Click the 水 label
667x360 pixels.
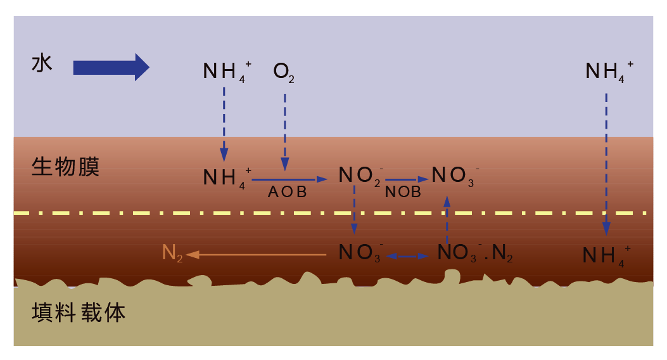pyautogui.click(x=42, y=64)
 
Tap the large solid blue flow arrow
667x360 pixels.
pyautogui.click(x=111, y=67)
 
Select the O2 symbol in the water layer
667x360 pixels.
pyautogui.click(x=284, y=72)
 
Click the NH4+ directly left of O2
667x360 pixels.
pyautogui.click(x=227, y=72)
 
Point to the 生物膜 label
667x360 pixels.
pyautogui.click(x=65, y=167)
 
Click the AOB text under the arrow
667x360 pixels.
pyautogui.click(x=287, y=192)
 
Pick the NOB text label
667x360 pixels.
pyautogui.click(x=403, y=192)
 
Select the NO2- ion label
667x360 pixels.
pyautogui.click(x=360, y=176)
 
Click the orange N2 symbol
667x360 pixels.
pyautogui.click(x=172, y=253)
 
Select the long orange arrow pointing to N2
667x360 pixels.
pyautogui.click(x=256, y=255)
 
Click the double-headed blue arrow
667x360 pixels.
pyautogui.click(x=407, y=256)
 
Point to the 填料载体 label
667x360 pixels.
pyautogui.click(x=79, y=312)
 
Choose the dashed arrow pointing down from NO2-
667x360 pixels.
pyautogui.click(x=354, y=209)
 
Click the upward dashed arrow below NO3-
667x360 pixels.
pyautogui.click(x=447, y=219)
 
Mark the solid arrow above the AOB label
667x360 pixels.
pyautogui.click(x=289, y=179)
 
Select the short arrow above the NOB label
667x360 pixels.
pyautogui.click(x=407, y=179)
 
